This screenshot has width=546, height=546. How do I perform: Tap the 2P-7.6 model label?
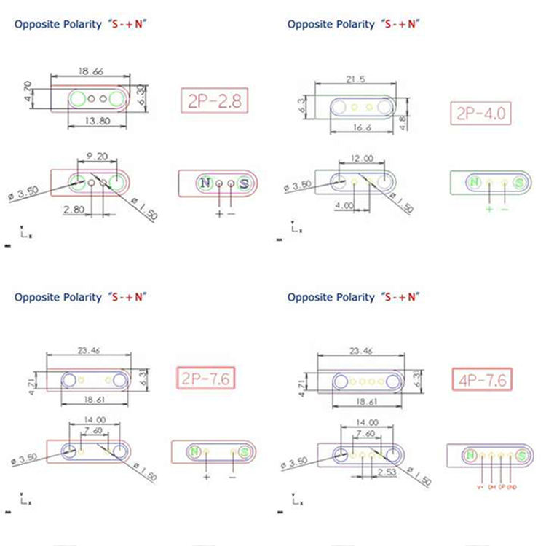(207, 379)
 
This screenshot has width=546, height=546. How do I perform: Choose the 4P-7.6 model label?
(481, 379)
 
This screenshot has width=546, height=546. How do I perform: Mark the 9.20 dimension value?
(98, 156)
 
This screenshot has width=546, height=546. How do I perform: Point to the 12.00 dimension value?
(363, 158)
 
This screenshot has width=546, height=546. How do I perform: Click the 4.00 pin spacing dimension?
(344, 206)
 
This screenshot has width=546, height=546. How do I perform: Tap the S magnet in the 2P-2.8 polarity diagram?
(243, 183)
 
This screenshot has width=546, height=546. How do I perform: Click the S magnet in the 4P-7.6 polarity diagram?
(521, 455)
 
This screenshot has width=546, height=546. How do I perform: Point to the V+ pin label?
(480, 486)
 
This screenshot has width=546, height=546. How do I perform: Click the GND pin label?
(513, 486)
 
